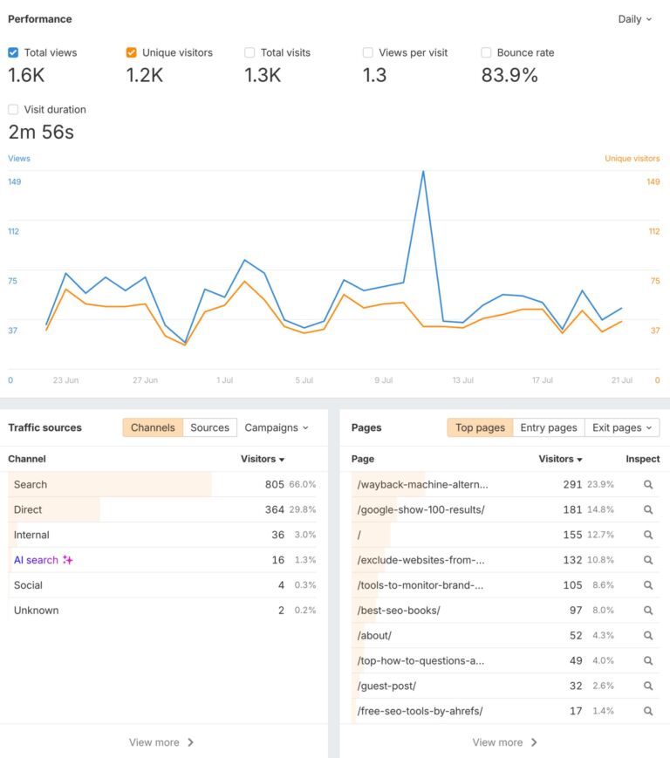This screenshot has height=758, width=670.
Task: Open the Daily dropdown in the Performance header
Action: [634, 19]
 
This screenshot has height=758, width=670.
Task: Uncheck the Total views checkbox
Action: [13, 52]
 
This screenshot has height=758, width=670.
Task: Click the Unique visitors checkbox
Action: [132, 52]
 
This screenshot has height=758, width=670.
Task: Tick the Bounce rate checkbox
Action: [486, 52]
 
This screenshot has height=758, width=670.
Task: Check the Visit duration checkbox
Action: [13, 110]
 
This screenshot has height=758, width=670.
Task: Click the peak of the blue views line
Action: [423, 171]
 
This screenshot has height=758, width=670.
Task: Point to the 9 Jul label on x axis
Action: [383, 380]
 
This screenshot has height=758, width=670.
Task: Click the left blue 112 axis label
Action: [14, 231]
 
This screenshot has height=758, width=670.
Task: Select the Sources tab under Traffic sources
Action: [209, 427]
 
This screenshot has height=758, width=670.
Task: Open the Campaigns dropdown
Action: [277, 427]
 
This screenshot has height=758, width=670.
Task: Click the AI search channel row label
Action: [36, 560]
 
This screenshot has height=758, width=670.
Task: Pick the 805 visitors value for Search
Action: [274, 484]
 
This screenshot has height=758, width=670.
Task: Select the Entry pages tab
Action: [548, 427]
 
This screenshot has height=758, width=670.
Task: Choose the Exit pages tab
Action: [621, 427]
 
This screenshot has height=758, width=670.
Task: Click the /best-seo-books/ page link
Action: [399, 611]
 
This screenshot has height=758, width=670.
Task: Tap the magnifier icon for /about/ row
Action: [648, 636]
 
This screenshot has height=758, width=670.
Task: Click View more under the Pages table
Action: [504, 742]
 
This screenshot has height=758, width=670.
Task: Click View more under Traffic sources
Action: [161, 742]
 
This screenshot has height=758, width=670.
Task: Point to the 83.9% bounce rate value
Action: [509, 76]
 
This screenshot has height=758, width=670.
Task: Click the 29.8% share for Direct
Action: [303, 509]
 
